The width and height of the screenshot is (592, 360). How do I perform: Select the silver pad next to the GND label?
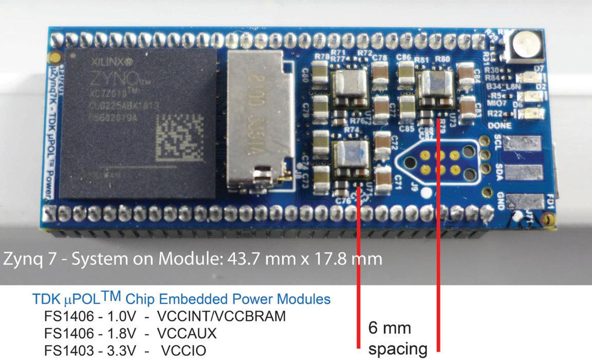point(524,201)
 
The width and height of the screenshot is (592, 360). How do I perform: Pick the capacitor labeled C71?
point(384,177)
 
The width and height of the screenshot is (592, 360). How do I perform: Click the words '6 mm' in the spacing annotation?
point(390,328)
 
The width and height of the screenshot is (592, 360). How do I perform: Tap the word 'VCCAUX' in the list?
point(187,334)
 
